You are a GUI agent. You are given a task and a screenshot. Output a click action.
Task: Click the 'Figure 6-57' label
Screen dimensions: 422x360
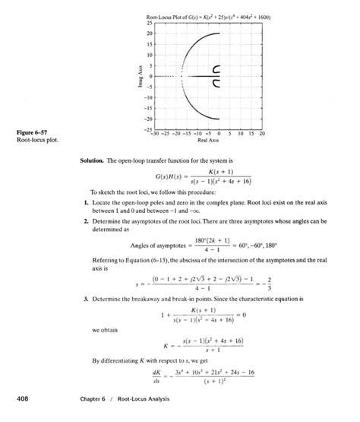31,134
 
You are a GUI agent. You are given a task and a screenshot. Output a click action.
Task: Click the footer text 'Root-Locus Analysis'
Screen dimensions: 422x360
149,398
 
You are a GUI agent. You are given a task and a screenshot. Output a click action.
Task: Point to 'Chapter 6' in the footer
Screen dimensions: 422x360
106,398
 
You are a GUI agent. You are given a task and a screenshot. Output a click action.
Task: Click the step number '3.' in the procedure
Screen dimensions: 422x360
84,299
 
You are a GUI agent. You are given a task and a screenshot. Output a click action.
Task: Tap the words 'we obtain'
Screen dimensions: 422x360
103,331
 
